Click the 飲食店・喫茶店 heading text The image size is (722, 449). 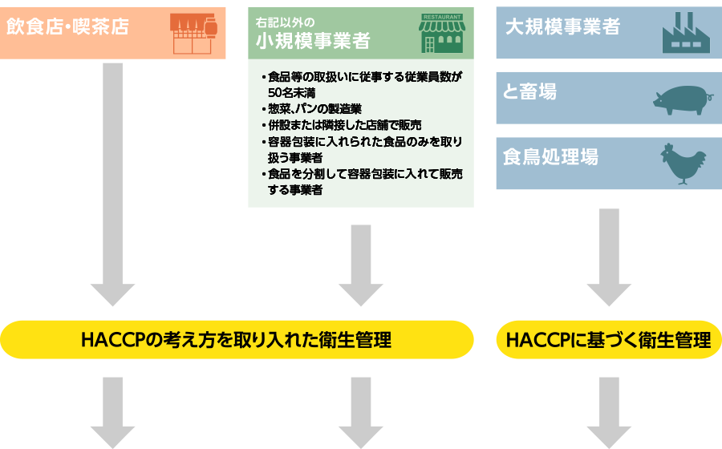tap(67, 27)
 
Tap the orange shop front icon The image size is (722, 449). tap(194, 33)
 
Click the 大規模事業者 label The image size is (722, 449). tap(562, 27)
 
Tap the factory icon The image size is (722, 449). tap(686, 34)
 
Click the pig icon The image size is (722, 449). tap(680, 99)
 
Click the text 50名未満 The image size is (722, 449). tap(291, 93)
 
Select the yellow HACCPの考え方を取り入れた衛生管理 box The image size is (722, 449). tap(237, 340)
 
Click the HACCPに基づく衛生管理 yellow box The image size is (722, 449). tap(609, 340)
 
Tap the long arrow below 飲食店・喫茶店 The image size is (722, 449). tap(113, 184)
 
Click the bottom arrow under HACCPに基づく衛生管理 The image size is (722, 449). tap(609, 412)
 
